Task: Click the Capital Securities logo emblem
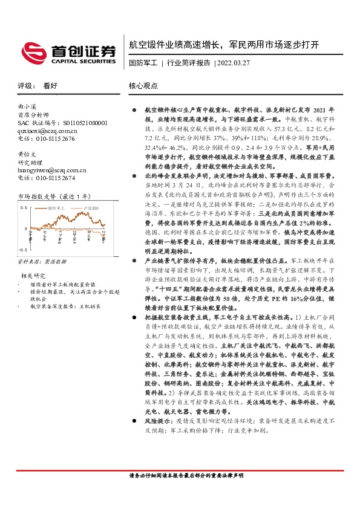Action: click(33, 51)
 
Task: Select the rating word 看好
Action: click(50, 86)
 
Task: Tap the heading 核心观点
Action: click(143, 86)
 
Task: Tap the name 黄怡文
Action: click(27, 154)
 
